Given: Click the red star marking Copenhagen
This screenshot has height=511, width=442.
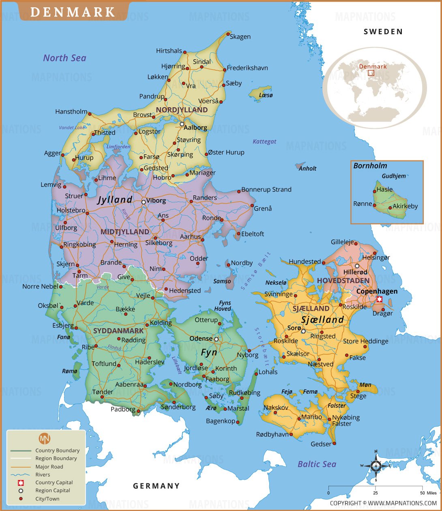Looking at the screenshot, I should click(380, 300).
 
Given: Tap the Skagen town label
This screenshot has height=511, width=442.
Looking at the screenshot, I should click(240, 37).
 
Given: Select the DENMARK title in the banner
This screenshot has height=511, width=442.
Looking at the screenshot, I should click(73, 12).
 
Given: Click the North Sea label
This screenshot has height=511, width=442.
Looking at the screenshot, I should click(65, 58).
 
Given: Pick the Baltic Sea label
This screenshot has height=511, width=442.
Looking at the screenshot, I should click(317, 464).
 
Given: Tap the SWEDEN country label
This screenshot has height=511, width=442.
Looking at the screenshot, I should click(383, 32).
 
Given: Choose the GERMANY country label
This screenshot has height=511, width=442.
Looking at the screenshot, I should click(156, 486).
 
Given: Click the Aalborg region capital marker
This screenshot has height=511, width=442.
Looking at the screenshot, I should click(182, 124).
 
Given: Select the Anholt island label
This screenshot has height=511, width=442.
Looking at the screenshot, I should click(307, 168).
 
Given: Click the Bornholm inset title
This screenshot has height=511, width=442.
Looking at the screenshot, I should click(370, 166).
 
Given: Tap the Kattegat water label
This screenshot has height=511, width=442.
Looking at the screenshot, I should click(264, 142).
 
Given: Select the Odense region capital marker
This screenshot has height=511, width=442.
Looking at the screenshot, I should click(217, 339).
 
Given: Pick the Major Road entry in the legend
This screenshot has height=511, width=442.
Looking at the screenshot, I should click(49, 467).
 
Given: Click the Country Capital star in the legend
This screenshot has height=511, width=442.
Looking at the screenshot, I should click(21, 483).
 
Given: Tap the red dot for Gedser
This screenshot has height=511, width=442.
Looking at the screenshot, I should click(335, 443).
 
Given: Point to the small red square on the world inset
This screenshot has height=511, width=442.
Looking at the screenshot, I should click(371, 73).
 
